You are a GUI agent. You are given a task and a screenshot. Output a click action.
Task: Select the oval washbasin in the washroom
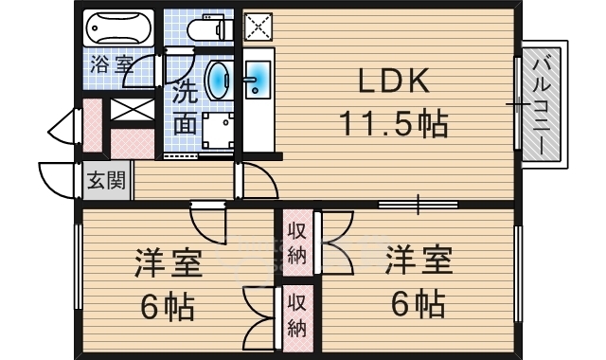[219, 81]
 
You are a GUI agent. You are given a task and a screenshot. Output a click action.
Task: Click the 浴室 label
[112, 65]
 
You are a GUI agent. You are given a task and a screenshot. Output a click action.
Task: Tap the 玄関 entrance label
[106, 180]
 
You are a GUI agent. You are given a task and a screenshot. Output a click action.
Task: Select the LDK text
[394, 81]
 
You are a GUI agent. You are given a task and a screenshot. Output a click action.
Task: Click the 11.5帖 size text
[394, 124]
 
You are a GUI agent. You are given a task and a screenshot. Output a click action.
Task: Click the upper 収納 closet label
[297, 243]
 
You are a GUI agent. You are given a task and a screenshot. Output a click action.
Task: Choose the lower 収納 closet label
[296, 315]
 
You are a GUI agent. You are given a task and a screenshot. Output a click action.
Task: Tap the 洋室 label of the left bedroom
[169, 263]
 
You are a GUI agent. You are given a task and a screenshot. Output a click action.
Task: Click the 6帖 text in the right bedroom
[419, 303]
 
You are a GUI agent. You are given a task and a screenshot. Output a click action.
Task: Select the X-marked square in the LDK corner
[258, 27]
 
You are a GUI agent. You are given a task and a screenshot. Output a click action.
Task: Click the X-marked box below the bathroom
[133, 110]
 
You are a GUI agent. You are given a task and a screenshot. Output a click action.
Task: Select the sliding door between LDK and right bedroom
[419, 205]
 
